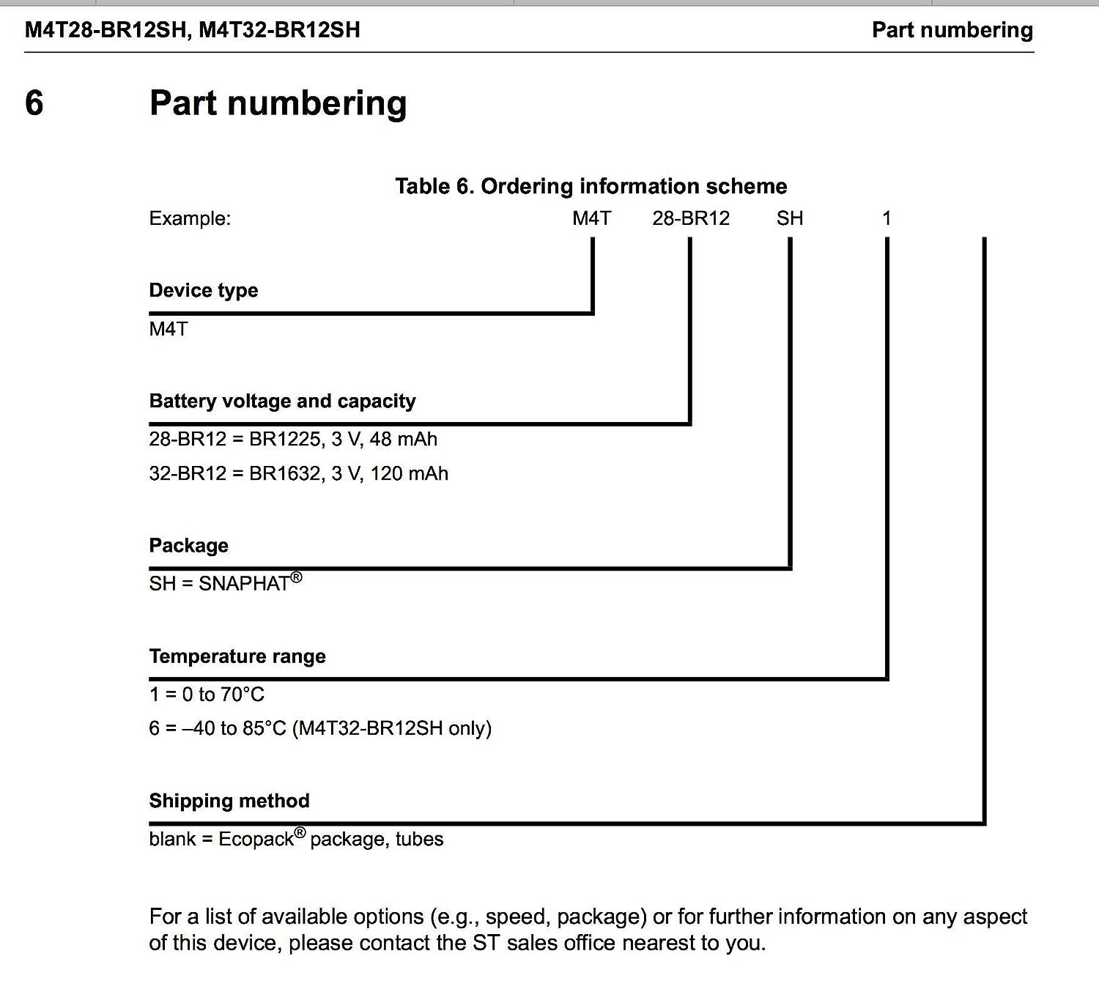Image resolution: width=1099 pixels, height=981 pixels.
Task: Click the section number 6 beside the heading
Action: tap(34, 103)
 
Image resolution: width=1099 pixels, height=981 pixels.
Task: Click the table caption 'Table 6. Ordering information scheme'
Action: tap(591, 186)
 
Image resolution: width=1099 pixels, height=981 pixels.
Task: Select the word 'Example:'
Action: tap(190, 218)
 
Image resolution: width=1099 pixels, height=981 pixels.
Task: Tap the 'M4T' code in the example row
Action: tap(591, 218)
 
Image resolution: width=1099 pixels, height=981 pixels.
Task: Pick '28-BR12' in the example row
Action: tap(691, 218)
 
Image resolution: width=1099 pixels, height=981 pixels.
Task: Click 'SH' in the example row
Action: tap(790, 218)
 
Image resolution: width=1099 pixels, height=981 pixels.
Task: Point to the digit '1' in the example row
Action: tap(887, 218)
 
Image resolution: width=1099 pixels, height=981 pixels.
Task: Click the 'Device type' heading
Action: tap(204, 290)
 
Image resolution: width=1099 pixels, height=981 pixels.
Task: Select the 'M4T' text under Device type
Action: tap(169, 329)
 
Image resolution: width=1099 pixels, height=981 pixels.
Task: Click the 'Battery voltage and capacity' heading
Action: tap(282, 401)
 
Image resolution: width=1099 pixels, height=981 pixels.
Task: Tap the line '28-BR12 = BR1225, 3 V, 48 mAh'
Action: tap(293, 439)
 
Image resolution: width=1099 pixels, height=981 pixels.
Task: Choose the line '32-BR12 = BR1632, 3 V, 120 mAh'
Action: tap(298, 473)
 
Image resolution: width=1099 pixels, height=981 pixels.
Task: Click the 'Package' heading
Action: tap(188, 545)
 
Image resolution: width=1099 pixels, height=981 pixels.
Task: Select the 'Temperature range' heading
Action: tap(237, 656)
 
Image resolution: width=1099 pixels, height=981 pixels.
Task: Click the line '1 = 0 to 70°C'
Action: tap(207, 694)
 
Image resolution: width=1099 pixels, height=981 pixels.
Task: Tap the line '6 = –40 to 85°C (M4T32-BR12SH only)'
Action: tap(320, 728)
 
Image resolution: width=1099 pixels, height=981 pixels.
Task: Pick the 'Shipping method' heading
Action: tap(229, 800)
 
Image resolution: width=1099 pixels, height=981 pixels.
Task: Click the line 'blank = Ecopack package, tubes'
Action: tap(296, 839)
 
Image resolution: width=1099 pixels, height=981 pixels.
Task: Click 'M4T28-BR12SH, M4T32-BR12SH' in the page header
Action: tap(193, 30)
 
